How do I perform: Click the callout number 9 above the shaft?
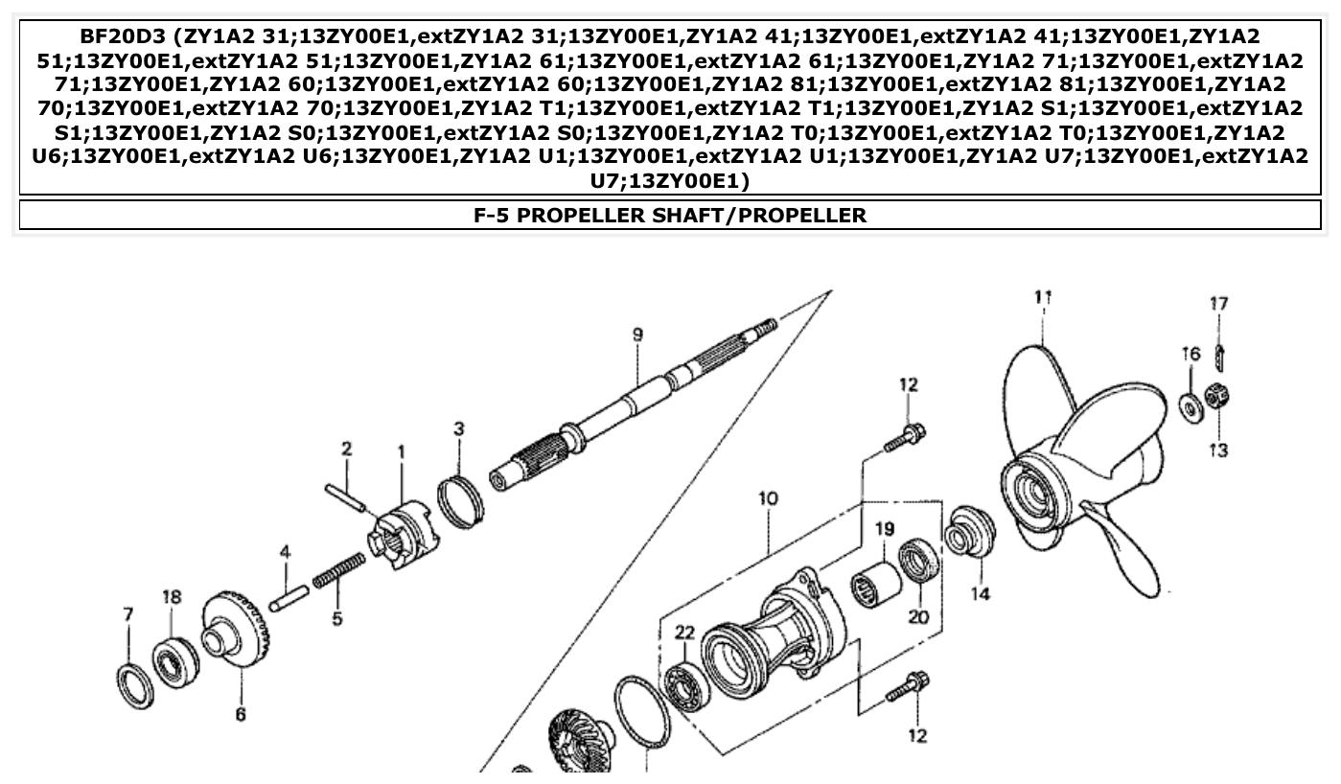tap(637, 335)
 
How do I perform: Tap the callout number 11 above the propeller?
tap(1044, 298)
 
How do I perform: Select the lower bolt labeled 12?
tap(907, 686)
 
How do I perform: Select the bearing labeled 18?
tap(176, 659)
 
